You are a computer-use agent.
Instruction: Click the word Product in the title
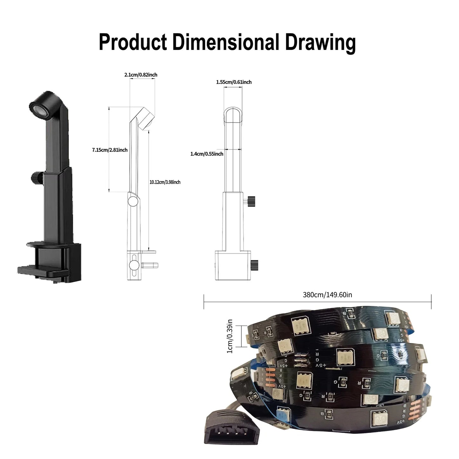pos(133,42)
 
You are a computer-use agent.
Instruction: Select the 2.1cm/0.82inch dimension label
pos(141,75)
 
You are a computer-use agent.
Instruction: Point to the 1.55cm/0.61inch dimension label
pos(234,82)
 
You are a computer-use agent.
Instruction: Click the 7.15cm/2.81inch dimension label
pos(110,150)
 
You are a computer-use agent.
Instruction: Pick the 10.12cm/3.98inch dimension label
pos(165,182)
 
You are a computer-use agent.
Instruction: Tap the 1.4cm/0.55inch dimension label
pos(207,154)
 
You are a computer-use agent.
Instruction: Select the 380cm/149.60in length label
pos(327,295)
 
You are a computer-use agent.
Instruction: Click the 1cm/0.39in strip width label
pos(230,336)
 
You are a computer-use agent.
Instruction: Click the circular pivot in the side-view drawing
pos(133,201)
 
